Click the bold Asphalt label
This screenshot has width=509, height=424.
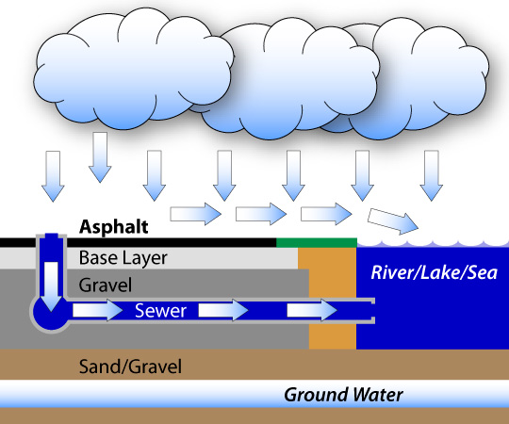pos(114,227)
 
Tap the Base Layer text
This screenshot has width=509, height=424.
pos(123,258)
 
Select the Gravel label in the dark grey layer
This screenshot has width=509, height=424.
pos(106,285)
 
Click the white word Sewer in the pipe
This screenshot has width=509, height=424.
pos(160,310)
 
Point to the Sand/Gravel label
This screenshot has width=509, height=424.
pos(130,367)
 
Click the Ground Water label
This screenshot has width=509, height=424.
pos(343,395)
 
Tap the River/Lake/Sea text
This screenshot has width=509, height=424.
pos(434,272)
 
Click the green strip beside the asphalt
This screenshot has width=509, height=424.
pos(317,242)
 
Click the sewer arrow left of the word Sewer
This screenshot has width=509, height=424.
pos(98,310)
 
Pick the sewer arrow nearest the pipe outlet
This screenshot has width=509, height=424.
pos(312,310)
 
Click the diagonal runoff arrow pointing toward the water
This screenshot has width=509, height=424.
pos(393,220)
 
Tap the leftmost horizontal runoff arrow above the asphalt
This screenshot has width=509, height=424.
pos(196,214)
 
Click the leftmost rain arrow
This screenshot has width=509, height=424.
pos(53,176)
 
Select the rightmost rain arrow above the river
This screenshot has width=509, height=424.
pos(431,175)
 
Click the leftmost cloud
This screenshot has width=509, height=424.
pos(133,70)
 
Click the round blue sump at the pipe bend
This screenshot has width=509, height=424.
pos(51,314)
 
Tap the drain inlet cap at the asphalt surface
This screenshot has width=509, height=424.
pos(51,236)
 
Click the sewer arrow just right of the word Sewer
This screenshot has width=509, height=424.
pos(223,310)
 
